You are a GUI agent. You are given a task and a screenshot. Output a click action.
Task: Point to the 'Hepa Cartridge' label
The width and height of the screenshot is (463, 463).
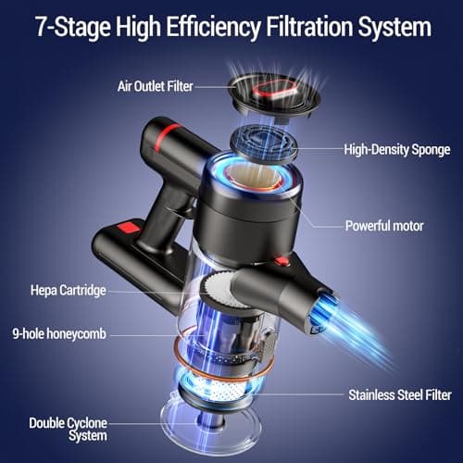pos(68,291)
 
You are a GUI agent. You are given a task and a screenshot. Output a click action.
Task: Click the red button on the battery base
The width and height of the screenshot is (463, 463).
pos(128,226)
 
